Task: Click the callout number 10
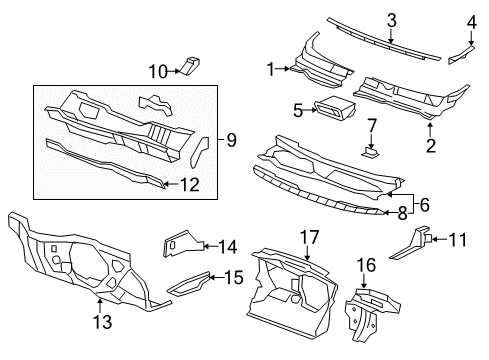pos(158,70)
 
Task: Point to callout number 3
pos(392,20)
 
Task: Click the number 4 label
pos(472,20)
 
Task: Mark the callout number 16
pos(367,265)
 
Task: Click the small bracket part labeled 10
pos(189,66)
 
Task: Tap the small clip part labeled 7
pos(369,152)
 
